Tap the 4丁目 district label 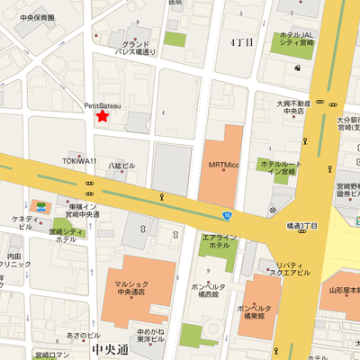coord(242,42)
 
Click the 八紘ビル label coord(121,166)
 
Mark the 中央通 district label coord(110,346)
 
